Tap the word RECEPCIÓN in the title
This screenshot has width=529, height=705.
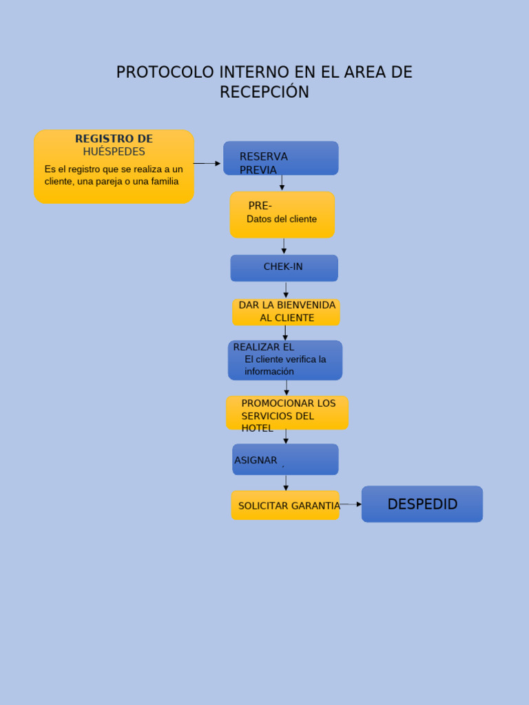[x=264, y=92]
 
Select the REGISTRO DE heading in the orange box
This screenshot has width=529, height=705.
[x=114, y=139]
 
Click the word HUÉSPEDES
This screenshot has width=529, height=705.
[x=114, y=151]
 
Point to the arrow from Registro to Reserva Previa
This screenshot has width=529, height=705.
[x=207, y=163]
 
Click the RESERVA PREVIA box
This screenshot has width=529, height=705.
[x=280, y=159]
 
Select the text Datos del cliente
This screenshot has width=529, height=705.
[x=282, y=219]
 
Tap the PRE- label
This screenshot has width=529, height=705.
[x=260, y=206]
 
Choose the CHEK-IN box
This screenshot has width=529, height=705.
[x=284, y=267]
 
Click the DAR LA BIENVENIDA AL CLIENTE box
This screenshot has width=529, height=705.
[x=287, y=312]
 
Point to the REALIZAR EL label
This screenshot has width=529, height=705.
[x=263, y=347]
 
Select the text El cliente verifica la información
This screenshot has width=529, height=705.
[x=284, y=365]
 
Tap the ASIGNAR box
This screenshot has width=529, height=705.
[x=285, y=460]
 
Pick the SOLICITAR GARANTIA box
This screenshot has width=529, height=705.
[x=285, y=505]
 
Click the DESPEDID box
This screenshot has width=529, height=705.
[x=422, y=504]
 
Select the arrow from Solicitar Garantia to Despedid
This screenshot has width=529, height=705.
[x=351, y=504]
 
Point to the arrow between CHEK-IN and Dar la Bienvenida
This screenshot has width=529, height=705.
[x=286, y=290]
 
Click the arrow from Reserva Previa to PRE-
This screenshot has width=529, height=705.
[x=282, y=182]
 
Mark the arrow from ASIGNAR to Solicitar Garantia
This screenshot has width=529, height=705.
[x=286, y=483]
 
